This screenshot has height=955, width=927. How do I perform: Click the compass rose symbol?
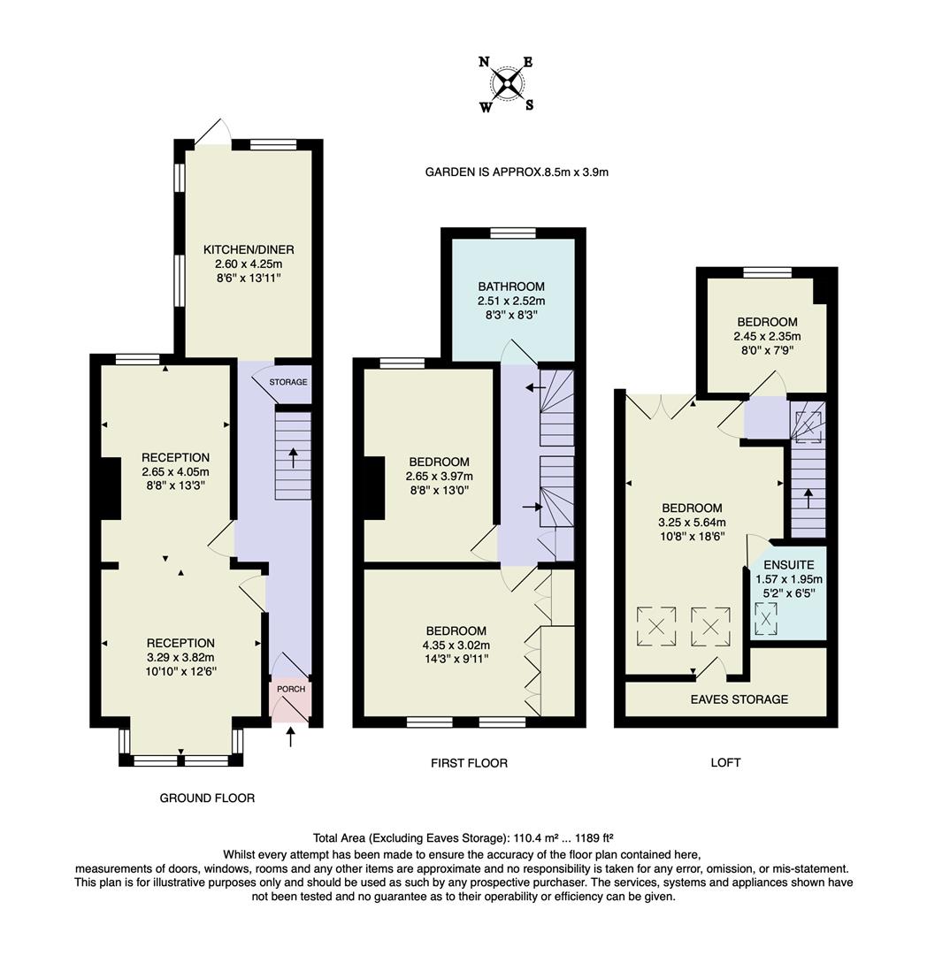507,85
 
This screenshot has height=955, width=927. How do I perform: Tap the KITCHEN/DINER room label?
249,249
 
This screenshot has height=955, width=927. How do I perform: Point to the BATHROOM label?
511,286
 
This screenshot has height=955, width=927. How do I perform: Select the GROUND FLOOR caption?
207,798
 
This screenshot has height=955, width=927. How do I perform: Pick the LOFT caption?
724,762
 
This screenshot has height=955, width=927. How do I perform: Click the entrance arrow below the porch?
291,737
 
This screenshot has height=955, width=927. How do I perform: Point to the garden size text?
517,172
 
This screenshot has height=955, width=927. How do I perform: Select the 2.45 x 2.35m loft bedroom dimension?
766,336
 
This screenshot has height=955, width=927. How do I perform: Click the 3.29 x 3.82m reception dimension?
181,657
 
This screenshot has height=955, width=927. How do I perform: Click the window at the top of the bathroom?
513,233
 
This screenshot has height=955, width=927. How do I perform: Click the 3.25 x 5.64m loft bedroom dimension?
691,523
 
